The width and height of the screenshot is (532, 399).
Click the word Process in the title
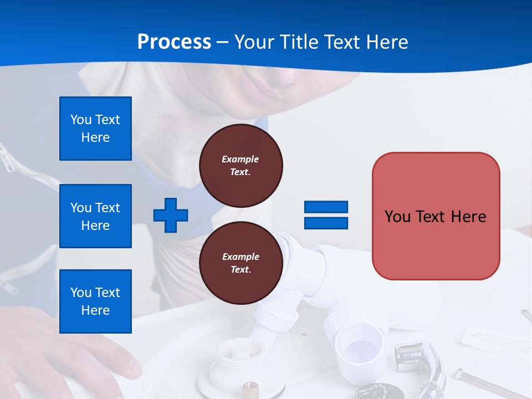[174, 42]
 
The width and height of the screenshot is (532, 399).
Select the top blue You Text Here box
[95, 129]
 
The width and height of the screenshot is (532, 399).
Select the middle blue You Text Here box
[95, 216]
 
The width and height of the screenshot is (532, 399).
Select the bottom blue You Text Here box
[95, 301]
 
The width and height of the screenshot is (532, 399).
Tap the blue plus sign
[171, 215]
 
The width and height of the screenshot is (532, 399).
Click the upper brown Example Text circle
[241, 166]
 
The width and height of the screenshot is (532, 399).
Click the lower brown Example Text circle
[241, 263]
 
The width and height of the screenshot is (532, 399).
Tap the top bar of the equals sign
[326, 207]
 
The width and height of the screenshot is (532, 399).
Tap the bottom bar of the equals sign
[326, 223]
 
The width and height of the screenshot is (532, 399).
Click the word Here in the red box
[468, 217]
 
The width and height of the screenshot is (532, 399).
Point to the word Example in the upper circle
[241, 159]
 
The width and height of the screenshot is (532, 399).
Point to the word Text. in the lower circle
[241, 270]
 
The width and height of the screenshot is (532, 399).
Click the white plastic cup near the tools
[359, 346]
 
